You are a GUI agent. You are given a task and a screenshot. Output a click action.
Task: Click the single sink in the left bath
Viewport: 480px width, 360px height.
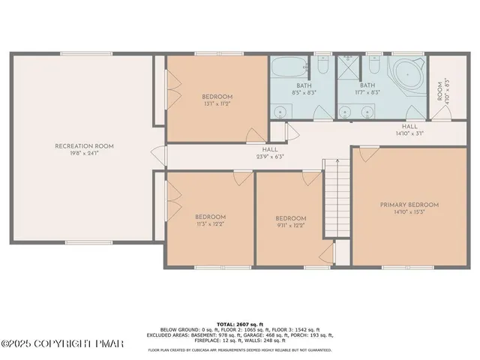[281, 112]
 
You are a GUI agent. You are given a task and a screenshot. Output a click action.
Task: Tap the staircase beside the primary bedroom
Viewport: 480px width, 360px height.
[337, 202]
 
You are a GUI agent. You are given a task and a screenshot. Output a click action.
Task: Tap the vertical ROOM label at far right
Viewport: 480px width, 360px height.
[441, 91]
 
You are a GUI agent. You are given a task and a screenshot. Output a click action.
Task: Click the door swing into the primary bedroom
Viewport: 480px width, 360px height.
[365, 154]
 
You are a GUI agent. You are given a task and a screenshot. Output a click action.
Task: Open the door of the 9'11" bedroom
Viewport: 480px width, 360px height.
[309, 178]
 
